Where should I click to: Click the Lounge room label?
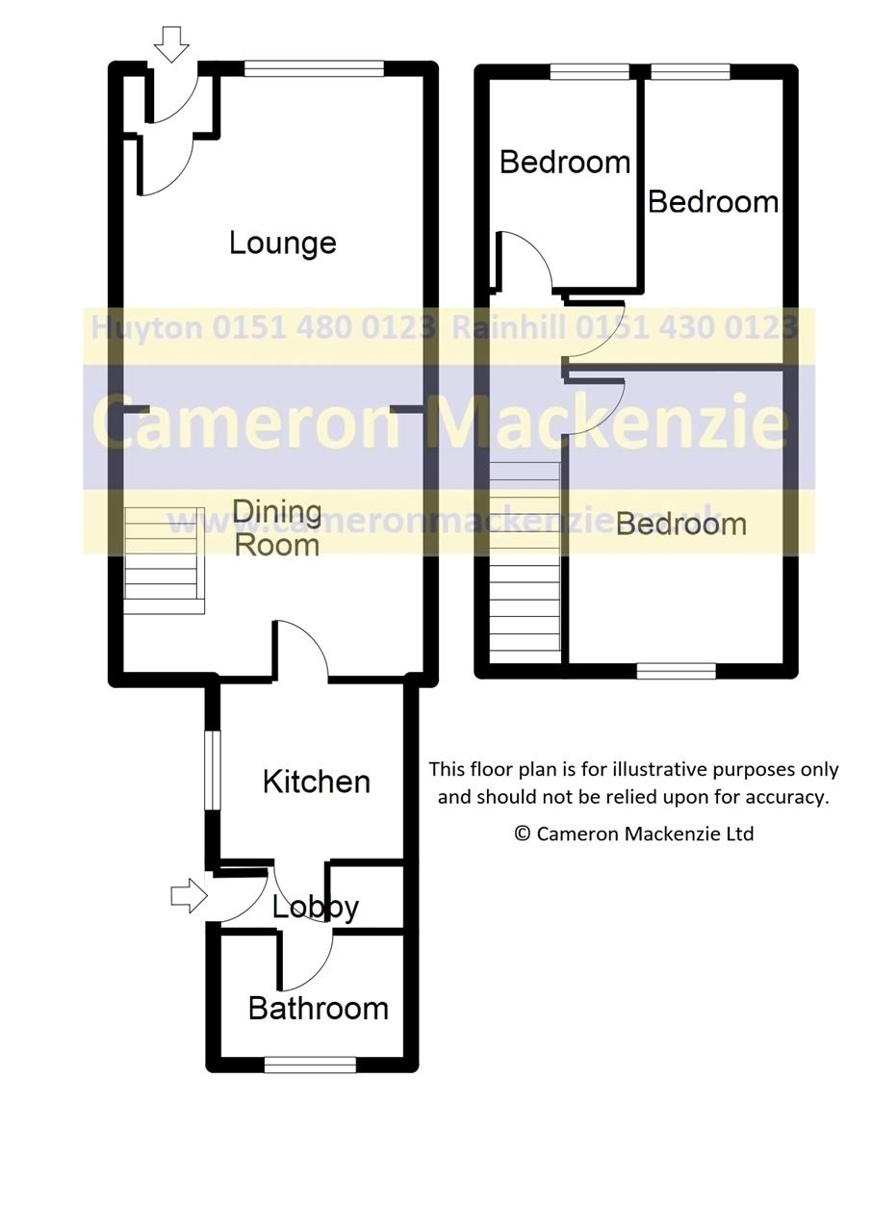click(282, 243)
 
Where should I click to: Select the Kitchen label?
click(316, 782)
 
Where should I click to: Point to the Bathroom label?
click(318, 1008)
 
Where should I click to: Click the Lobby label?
click(315, 907)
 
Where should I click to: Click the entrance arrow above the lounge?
click(171, 44)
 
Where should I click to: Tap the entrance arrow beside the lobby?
click(189, 895)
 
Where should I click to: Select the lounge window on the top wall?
click(314, 68)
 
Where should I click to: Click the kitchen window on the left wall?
click(212, 769)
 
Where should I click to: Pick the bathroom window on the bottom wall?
click(309, 1064)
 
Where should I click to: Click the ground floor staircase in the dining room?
click(164, 560)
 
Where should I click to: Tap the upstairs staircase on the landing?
click(525, 562)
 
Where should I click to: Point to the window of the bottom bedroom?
click(677, 671)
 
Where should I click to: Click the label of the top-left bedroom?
click(564, 162)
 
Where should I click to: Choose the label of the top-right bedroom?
click(712, 201)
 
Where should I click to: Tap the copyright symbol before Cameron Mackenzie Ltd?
click(522, 834)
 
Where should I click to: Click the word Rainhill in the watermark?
click(509, 328)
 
